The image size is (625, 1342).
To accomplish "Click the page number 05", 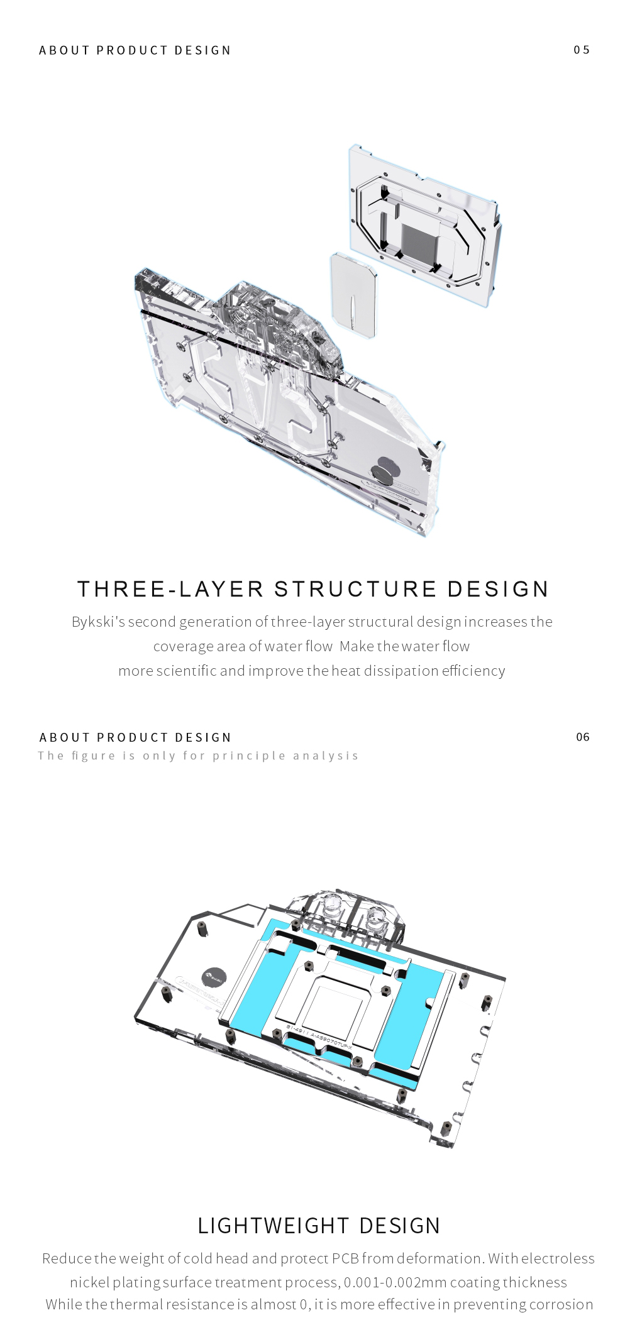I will [582, 50].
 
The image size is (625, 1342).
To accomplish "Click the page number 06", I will [583, 737].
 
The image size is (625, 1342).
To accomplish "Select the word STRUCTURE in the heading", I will [355, 590].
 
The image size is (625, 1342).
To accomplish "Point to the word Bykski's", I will [98, 622].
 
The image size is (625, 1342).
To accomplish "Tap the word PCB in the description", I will [345, 1258].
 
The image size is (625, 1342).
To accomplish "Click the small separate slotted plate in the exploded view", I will [353, 294].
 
